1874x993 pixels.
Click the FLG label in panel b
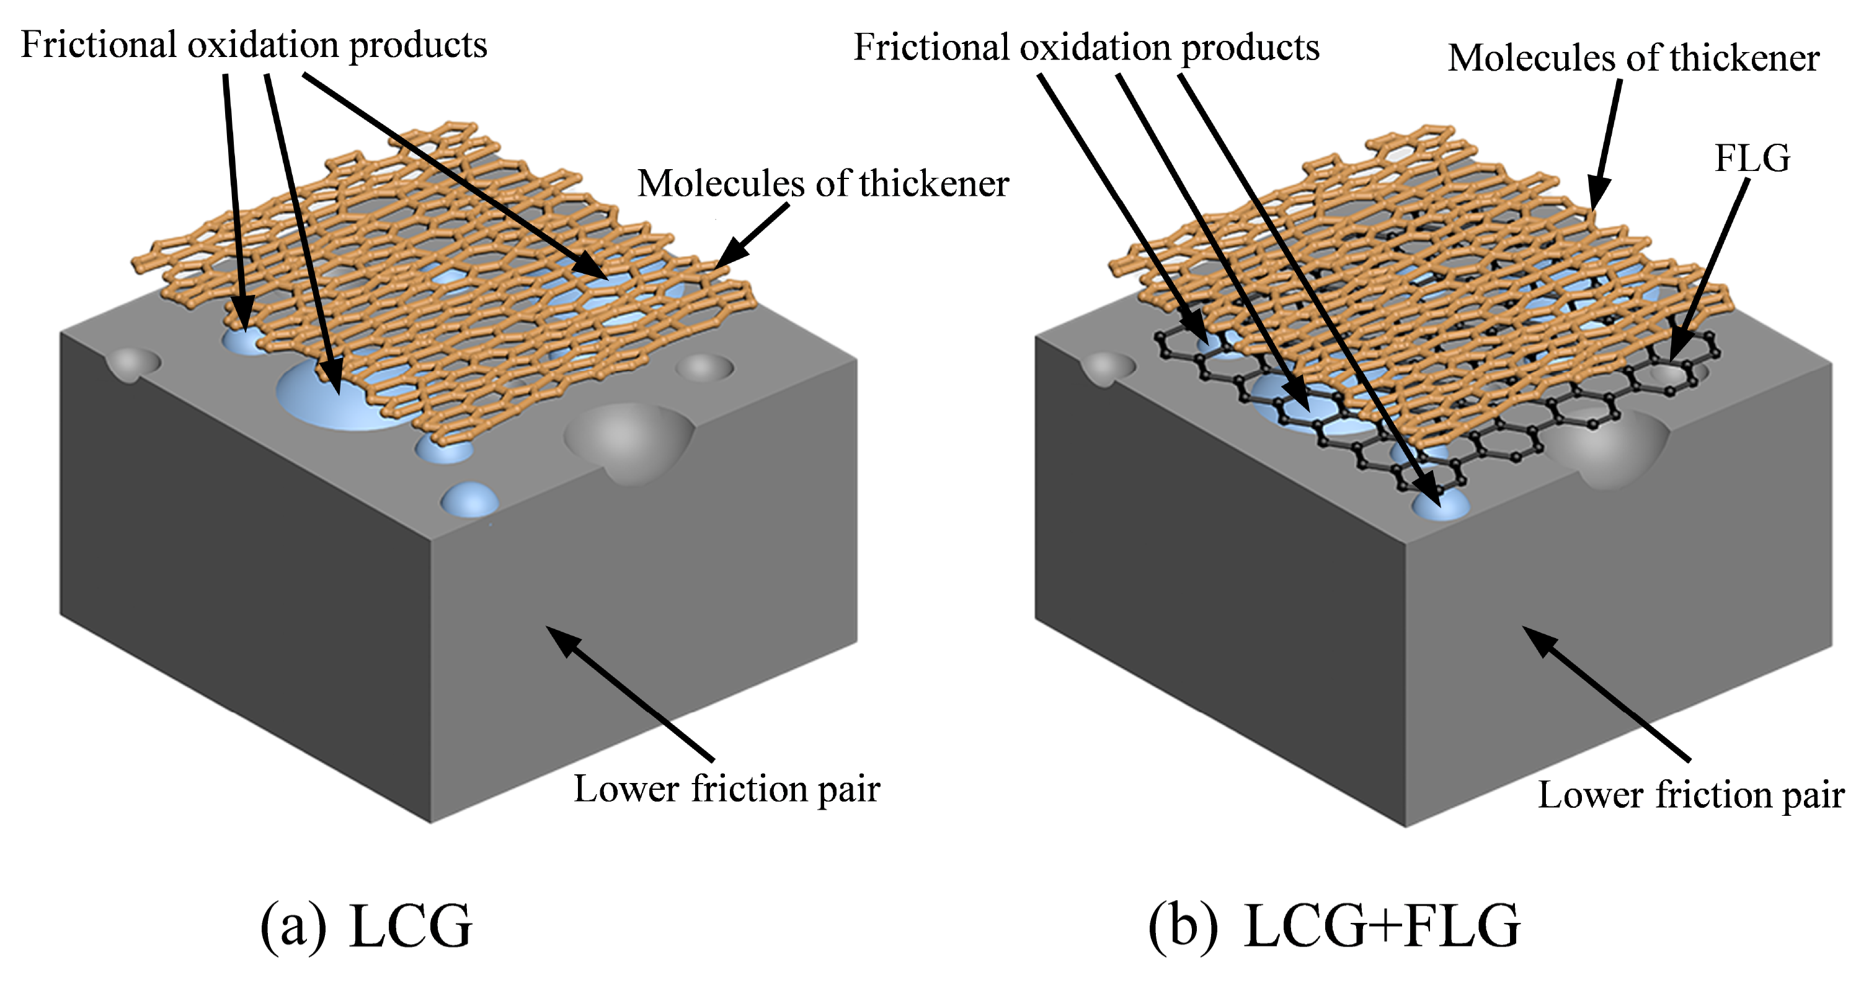pos(1752,159)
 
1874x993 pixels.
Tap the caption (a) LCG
pos(366,926)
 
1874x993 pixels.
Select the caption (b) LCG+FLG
pos(1333,926)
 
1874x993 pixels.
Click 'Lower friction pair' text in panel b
pos(1690,795)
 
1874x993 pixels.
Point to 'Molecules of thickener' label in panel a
pos(823,184)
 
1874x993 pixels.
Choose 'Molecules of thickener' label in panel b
pos(1633,58)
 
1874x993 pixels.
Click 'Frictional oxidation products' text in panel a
pos(254,45)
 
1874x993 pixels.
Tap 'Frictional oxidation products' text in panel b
pos(1085,48)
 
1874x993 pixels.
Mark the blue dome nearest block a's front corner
pos(470,500)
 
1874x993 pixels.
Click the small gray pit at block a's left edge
pos(133,363)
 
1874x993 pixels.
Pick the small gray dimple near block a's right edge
pos(704,367)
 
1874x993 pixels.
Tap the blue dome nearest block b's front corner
pos(1441,505)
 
